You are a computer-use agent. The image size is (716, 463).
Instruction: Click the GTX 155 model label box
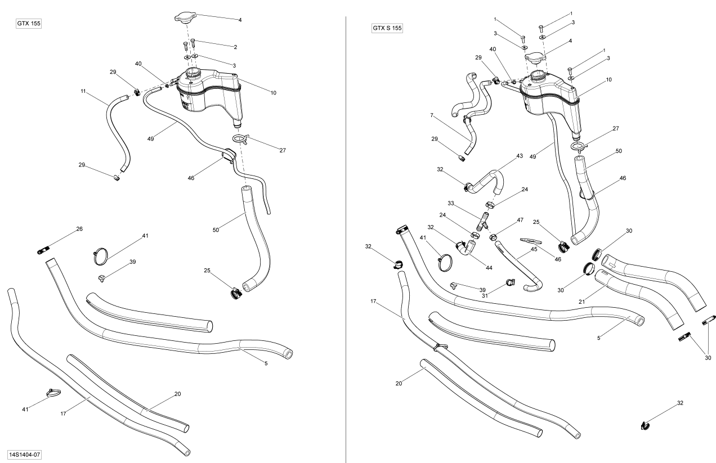[30, 24]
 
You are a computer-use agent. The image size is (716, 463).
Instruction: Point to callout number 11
[83, 91]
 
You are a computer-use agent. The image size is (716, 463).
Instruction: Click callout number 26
[79, 229]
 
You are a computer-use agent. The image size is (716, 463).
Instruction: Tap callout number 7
[431, 115]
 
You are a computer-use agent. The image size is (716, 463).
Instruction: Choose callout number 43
[520, 156]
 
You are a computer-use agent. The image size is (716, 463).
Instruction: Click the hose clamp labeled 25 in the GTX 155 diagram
[235, 293]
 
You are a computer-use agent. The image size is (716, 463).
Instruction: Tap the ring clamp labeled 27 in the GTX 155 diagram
[239, 138]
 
